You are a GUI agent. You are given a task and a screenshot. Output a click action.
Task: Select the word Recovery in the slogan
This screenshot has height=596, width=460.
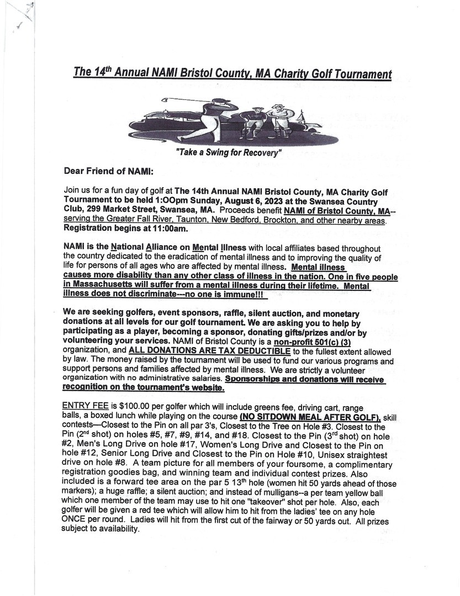[x=258, y=152]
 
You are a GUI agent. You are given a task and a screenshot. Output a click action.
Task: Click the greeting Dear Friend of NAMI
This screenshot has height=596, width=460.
[x=108, y=171]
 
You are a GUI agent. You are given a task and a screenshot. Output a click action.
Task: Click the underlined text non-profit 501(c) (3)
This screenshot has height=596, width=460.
[x=303, y=342]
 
